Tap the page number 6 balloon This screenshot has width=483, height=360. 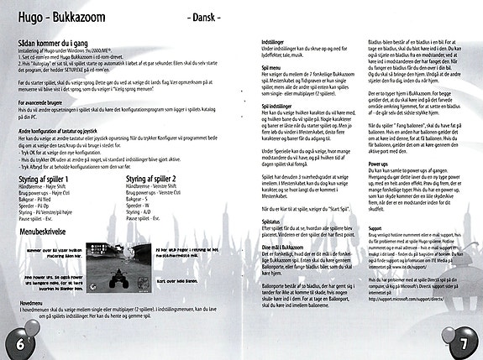pyautogui.click(x=15, y=340)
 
